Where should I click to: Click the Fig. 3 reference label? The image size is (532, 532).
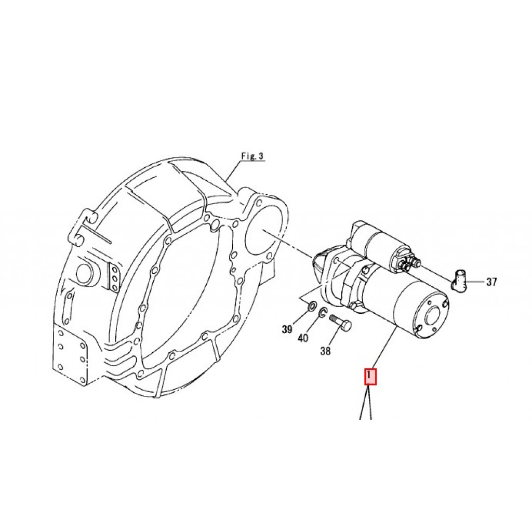coord(252,156)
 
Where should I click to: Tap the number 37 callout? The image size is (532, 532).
coord(491,282)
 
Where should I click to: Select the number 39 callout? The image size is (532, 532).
coord(287,329)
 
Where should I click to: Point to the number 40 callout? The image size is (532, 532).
coord(303,338)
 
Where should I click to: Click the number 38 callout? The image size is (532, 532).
coord(325,351)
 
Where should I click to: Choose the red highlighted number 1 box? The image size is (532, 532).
coord(370,377)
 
